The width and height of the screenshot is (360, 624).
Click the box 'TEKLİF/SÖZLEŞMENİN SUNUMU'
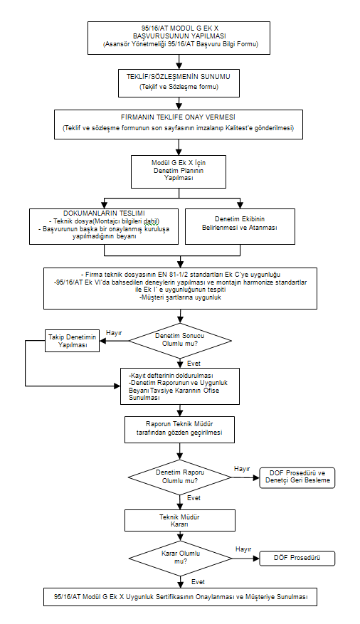(x=179, y=83)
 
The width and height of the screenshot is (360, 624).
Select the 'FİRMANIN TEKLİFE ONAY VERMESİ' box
(x=179, y=125)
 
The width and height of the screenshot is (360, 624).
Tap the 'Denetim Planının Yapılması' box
(x=179, y=171)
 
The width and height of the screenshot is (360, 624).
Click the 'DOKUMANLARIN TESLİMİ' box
(x=104, y=226)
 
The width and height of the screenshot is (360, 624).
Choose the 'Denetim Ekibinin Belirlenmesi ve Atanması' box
(x=240, y=226)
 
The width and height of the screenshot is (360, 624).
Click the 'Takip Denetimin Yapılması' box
(x=73, y=341)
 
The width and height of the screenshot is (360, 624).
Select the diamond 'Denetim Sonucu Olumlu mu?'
(x=180, y=340)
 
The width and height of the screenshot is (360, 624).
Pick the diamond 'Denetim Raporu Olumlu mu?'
(x=180, y=477)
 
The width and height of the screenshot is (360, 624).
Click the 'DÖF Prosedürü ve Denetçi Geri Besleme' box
(x=297, y=477)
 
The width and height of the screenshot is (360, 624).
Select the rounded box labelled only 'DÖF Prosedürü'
(x=297, y=558)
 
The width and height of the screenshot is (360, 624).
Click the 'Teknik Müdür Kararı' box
(x=179, y=521)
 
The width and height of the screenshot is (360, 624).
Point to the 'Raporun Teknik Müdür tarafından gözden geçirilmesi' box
(x=179, y=429)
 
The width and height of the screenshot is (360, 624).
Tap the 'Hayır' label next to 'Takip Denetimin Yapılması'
(x=114, y=333)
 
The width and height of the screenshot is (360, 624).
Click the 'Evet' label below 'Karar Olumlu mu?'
(x=198, y=582)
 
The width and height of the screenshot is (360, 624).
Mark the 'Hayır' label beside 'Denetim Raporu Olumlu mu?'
(x=242, y=469)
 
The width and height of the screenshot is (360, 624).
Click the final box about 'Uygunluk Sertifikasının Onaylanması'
(x=180, y=596)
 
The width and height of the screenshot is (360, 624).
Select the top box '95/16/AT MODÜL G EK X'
(x=179, y=38)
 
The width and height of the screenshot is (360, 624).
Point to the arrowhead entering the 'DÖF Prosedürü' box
(x=257, y=559)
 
